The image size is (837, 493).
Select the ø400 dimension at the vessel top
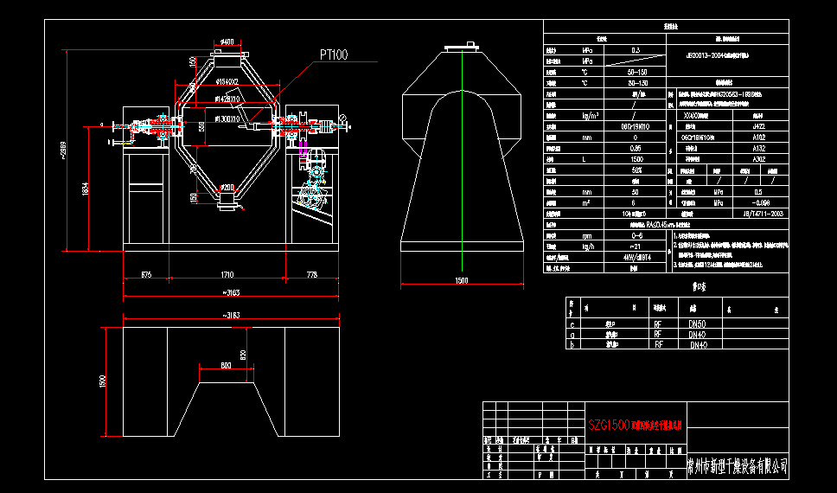pos(227,42)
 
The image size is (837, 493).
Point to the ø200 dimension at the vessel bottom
pos(227,187)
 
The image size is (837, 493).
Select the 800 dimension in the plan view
pos(226,366)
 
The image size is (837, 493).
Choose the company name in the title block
pos(737,466)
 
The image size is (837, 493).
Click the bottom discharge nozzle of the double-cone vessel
pos(227,200)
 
